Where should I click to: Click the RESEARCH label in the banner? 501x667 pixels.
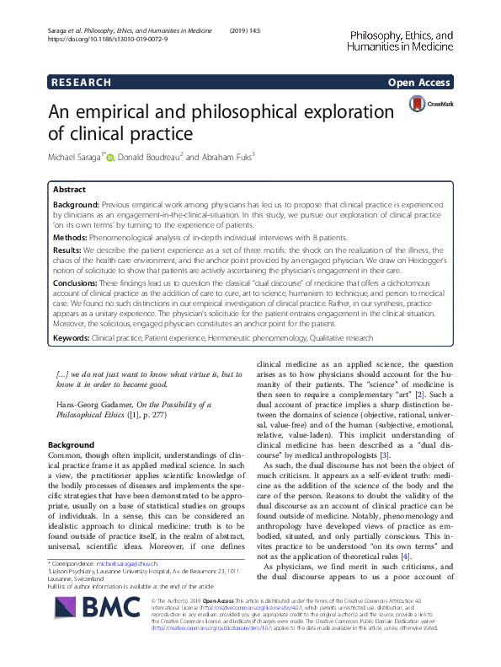point(82,83)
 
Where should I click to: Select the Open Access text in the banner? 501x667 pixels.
point(419,83)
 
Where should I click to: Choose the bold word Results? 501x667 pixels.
point(68,250)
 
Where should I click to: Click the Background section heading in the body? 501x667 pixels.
point(71,444)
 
